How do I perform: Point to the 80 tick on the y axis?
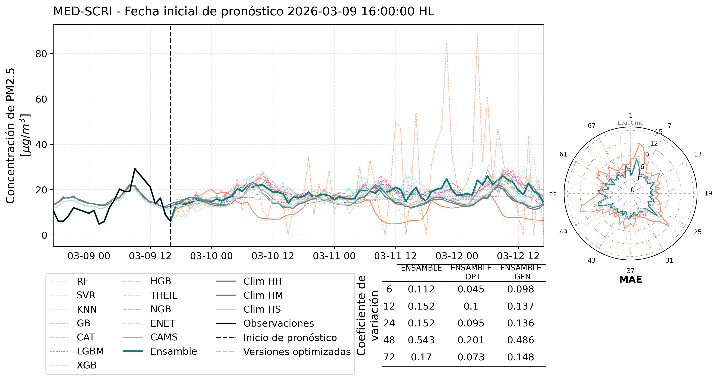[x=41, y=54]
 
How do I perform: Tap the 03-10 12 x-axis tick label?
[x=273, y=256]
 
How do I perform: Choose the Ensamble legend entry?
[x=174, y=351]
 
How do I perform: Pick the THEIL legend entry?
[x=164, y=295]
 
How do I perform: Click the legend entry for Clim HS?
[x=262, y=309]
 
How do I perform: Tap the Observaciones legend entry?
[x=278, y=323]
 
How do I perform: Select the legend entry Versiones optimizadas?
[x=297, y=352]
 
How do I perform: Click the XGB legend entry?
[x=87, y=365]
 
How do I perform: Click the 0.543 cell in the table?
[x=421, y=340]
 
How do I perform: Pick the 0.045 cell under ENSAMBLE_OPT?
[x=471, y=289]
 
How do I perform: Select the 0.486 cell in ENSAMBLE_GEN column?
[x=520, y=340]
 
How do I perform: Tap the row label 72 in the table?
[x=389, y=357]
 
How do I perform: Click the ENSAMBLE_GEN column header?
[x=520, y=272]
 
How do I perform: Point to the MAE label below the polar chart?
[x=631, y=280]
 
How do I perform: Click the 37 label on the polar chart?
[x=631, y=271]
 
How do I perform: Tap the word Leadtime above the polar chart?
[x=631, y=123]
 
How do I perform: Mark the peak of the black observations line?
[x=135, y=169]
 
